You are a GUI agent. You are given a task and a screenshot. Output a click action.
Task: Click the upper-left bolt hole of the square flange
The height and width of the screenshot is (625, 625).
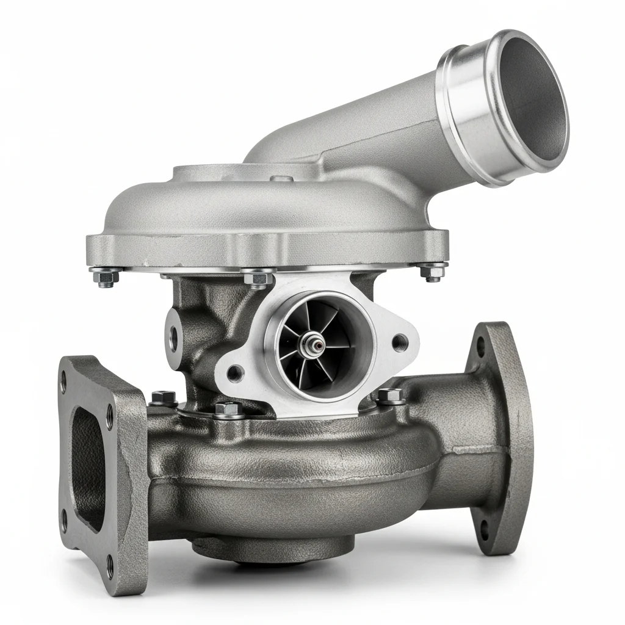pos(62,386)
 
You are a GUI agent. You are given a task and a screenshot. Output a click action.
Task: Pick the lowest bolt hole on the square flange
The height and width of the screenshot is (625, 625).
pos(110,565)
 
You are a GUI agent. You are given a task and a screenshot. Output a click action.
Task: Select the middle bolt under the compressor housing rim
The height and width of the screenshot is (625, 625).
pos(258,278)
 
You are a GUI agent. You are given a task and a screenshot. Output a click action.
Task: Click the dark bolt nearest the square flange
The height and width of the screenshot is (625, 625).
pos(163,398)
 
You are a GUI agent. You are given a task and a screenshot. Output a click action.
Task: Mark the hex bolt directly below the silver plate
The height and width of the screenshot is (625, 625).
pos(229,409)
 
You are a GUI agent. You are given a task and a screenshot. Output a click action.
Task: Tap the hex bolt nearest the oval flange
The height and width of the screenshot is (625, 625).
pos(389,396)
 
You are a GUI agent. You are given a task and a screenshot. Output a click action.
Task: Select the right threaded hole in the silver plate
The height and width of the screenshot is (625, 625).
pos(400,342)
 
